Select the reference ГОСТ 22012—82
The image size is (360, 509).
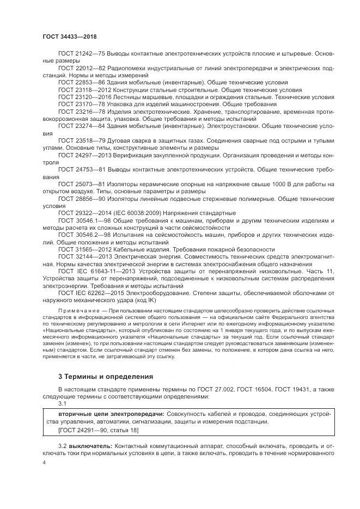(82, 68)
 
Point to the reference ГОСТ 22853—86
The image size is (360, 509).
(82, 81)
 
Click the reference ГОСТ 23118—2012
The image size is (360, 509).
(84, 88)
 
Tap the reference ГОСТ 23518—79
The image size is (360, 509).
(82, 140)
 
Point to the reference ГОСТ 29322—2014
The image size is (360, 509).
(84, 212)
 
